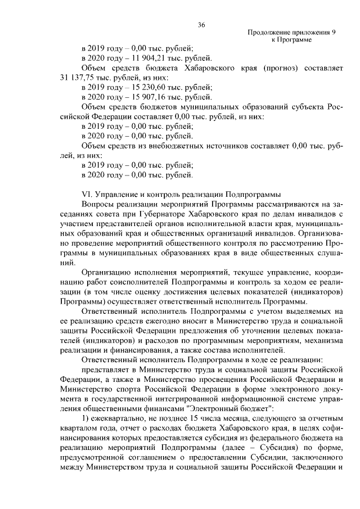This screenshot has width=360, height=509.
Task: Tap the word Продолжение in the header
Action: coord(268,33)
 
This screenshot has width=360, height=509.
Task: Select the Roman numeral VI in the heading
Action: coord(87,194)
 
